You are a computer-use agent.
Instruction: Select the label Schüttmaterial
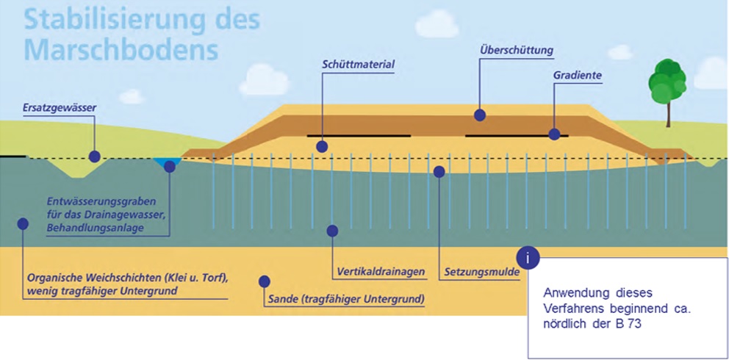pos(358,64)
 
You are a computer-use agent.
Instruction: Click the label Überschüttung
pos(516,50)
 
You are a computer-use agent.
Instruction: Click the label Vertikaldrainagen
pos(381,272)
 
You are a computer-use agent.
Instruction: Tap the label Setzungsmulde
pos(481,272)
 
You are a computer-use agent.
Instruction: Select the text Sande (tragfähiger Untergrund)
pos(345,300)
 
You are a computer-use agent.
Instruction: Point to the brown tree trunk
pos(669,114)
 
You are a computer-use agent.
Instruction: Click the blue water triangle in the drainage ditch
pos(169,162)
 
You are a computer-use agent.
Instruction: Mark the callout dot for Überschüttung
pos(480,115)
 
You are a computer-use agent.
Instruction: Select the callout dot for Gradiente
pos(554,134)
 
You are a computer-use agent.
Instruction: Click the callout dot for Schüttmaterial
pos(321,147)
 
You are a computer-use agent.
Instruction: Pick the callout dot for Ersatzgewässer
pos(94,156)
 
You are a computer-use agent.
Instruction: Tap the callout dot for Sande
pos(265,281)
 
